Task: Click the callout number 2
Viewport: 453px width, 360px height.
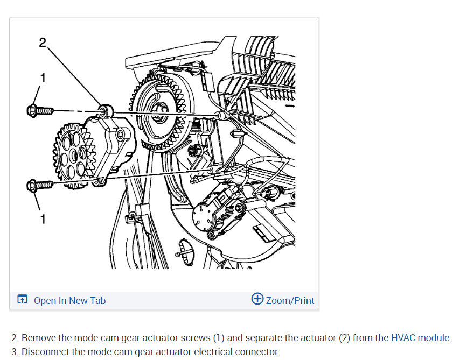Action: coord(43,44)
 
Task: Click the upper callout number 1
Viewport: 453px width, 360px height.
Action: coord(43,78)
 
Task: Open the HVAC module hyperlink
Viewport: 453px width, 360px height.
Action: coord(420,338)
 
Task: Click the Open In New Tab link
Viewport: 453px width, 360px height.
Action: coord(69,301)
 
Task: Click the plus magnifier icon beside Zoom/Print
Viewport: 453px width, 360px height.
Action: coord(257,300)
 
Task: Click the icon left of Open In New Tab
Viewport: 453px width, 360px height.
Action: coord(22,300)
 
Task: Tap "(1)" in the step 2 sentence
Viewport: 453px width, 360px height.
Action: coord(218,338)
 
